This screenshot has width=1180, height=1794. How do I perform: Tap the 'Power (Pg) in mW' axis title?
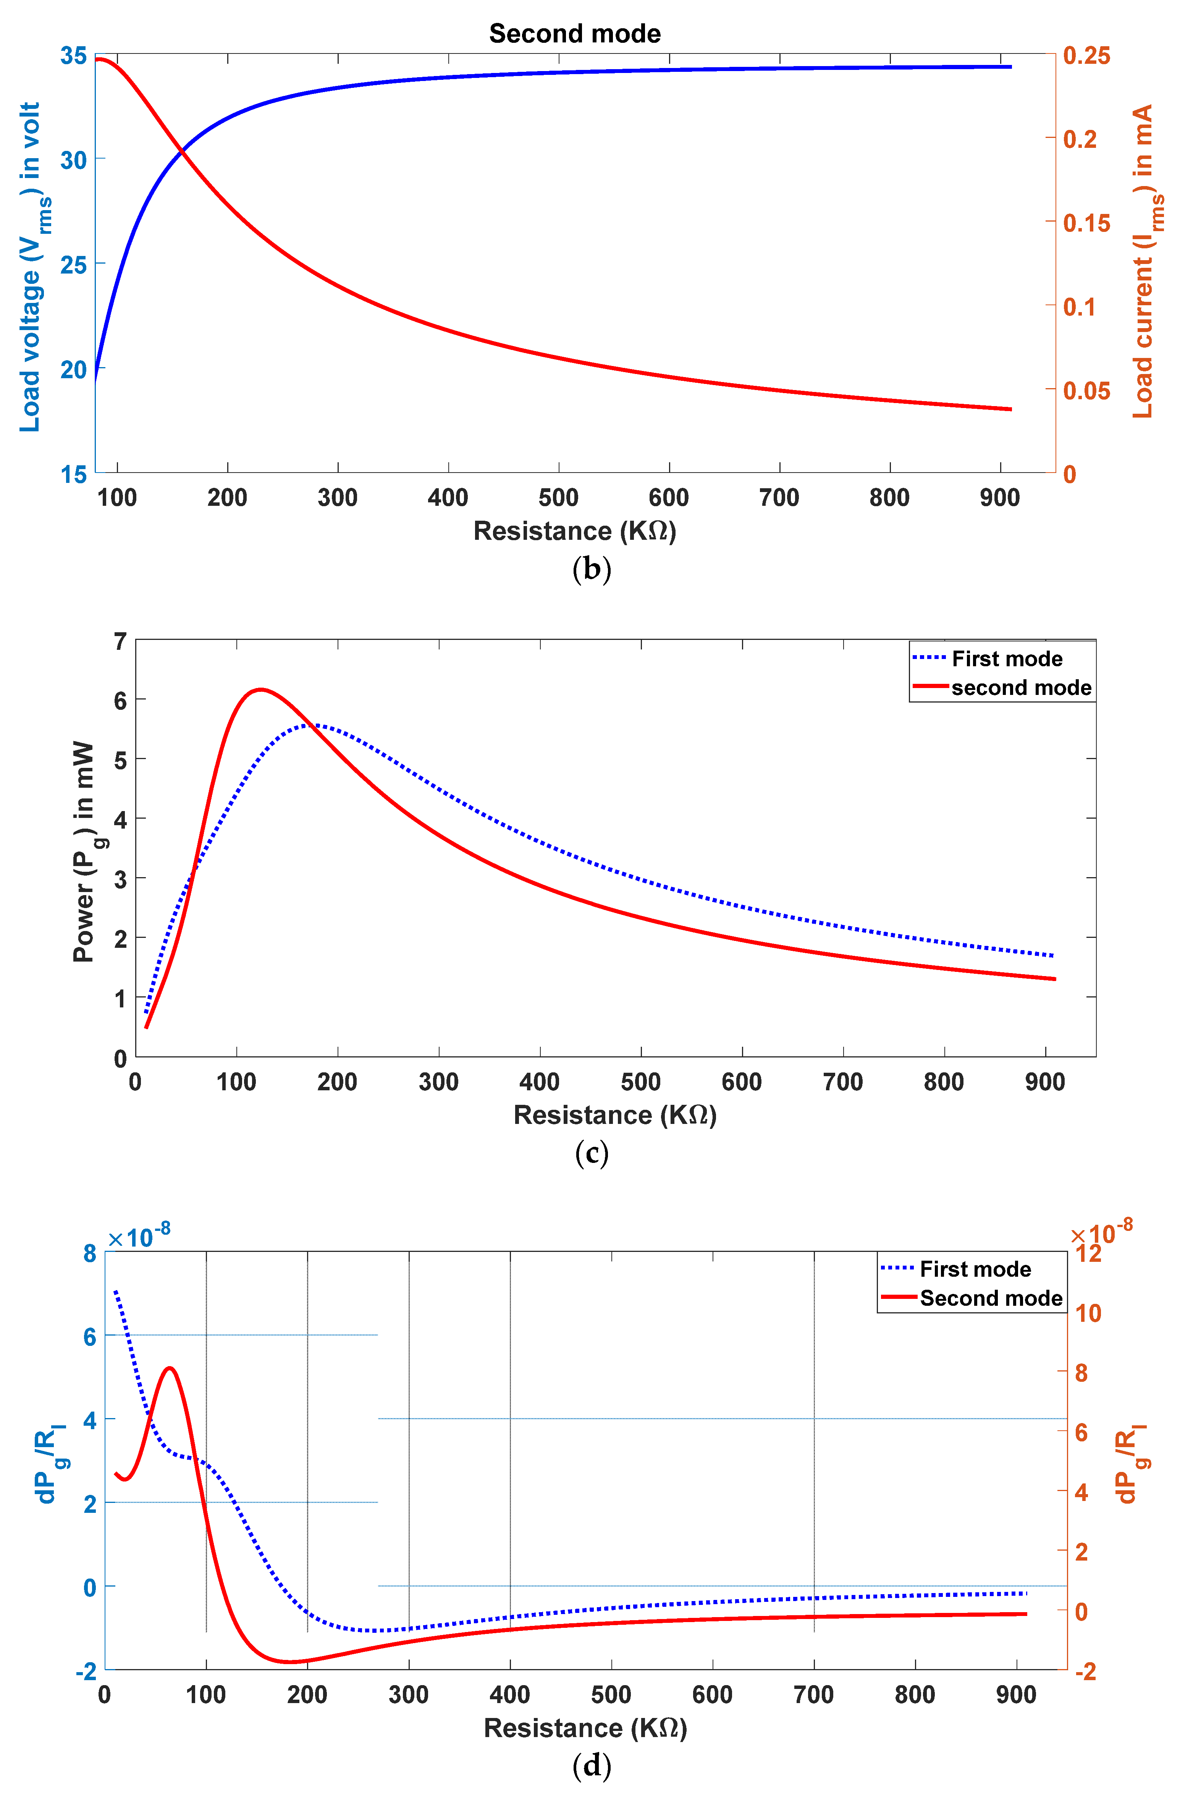pos(85,852)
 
